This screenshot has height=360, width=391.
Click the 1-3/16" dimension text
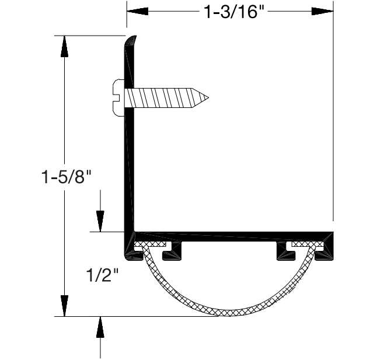[231, 12]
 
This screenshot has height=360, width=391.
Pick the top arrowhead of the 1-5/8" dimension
[65, 46]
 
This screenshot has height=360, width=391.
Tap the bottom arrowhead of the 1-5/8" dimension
[65, 306]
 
